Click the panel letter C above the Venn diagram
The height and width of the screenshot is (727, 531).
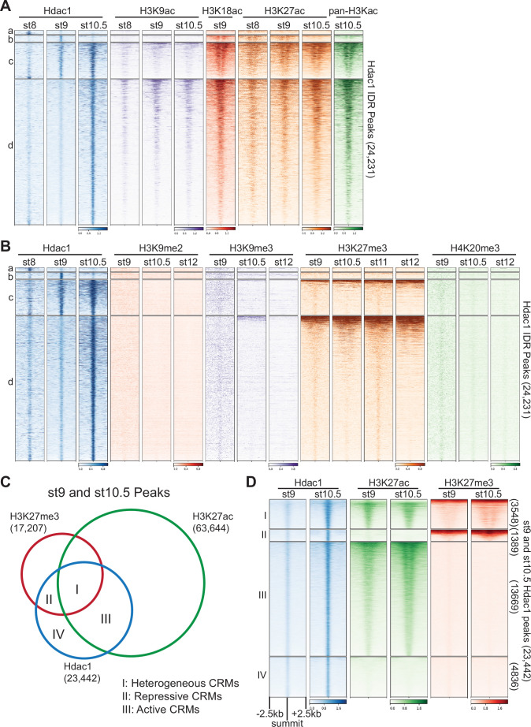6,480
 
